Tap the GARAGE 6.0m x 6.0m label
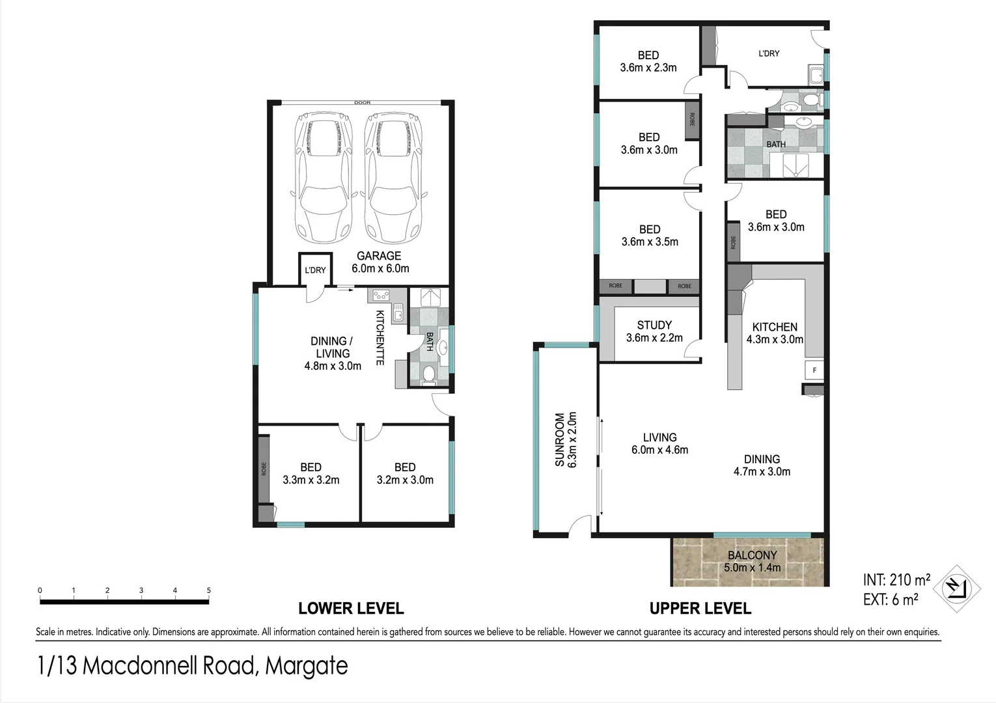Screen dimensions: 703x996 [x=380, y=262]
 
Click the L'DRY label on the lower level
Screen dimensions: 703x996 [x=315, y=270]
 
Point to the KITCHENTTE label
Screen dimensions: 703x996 [x=380, y=337]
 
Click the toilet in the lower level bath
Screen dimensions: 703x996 [x=428, y=374]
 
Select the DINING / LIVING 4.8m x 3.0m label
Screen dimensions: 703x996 [x=333, y=353]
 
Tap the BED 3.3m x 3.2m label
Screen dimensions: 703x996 [x=311, y=474]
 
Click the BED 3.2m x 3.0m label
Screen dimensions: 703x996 [x=404, y=474]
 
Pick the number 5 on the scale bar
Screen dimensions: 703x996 [x=209, y=590]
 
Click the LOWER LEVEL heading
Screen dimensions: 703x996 [x=351, y=609]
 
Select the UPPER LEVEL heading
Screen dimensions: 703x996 [x=700, y=609]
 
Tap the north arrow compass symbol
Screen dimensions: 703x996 [x=956, y=588]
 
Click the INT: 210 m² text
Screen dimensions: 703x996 [x=896, y=579]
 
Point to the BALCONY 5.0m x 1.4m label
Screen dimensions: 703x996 [x=752, y=561]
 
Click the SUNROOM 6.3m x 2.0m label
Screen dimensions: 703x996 [x=566, y=439]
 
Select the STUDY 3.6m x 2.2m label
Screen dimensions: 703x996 [x=654, y=331]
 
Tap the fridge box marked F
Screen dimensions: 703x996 [x=814, y=370]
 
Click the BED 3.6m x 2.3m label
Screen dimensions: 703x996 [x=648, y=61]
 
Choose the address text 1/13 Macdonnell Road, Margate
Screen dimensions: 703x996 [x=193, y=666]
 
